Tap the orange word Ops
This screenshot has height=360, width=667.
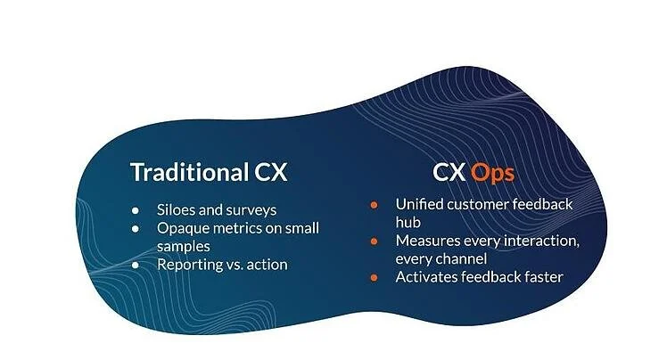[x=492, y=171]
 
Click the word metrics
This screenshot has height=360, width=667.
[x=240, y=228]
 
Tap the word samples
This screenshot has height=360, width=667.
[x=184, y=246]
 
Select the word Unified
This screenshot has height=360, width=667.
[x=421, y=205]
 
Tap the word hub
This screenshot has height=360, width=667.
[x=409, y=223]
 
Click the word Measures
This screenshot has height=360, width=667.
[x=430, y=241]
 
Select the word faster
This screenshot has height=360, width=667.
[x=539, y=277]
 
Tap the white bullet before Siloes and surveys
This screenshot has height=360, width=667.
[x=135, y=211]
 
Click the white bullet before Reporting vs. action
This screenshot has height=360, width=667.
[x=135, y=265]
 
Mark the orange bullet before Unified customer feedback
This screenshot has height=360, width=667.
[x=375, y=205]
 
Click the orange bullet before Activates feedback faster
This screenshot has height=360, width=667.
[x=375, y=277]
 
